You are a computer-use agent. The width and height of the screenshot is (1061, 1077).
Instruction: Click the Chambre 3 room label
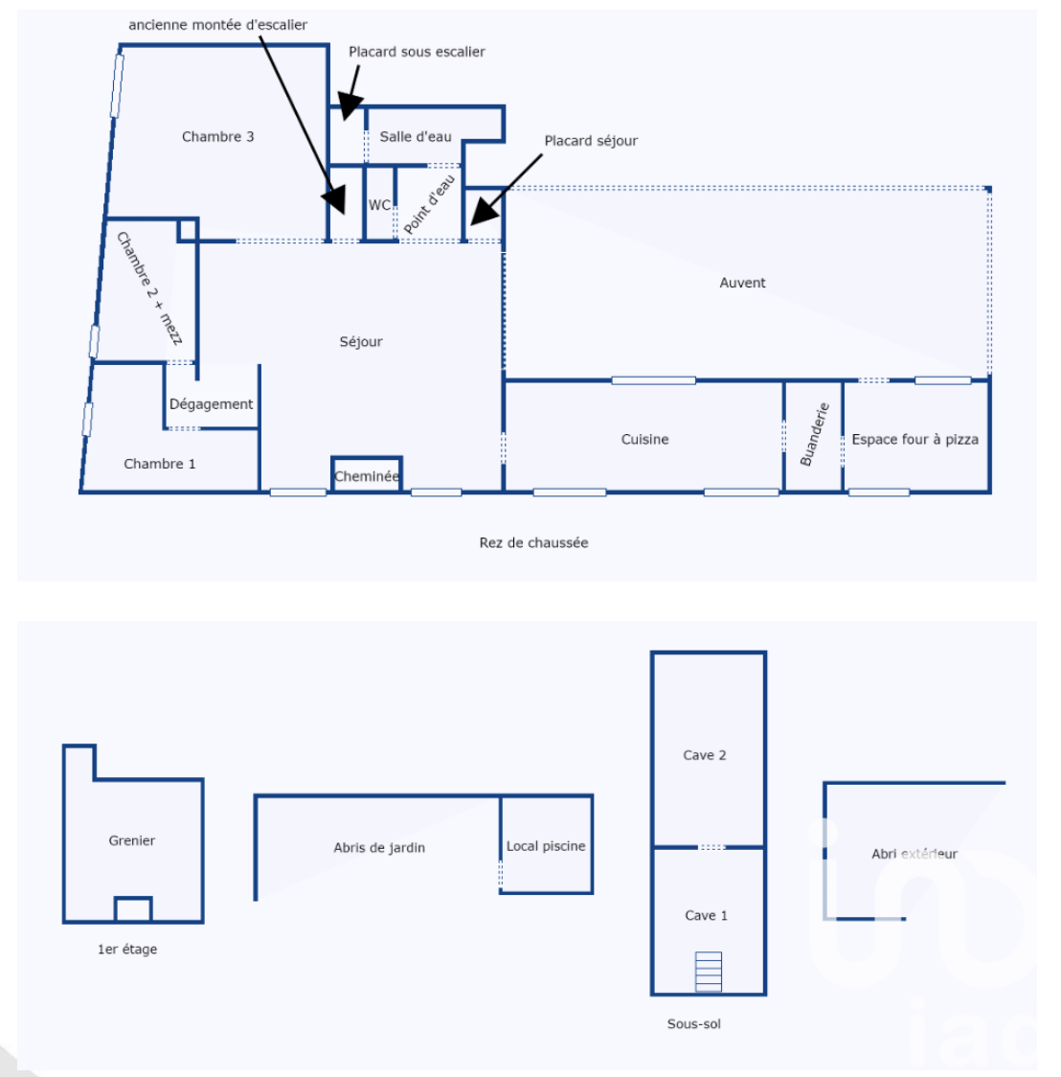click(x=217, y=137)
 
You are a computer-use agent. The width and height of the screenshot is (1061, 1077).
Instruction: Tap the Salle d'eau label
click(x=416, y=137)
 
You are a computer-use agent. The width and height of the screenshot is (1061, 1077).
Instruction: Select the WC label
click(x=379, y=205)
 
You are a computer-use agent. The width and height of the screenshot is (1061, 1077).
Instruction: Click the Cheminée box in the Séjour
click(x=367, y=474)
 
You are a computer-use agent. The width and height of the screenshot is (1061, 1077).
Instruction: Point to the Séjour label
click(x=361, y=341)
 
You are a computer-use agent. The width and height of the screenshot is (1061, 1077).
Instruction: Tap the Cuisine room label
click(x=644, y=439)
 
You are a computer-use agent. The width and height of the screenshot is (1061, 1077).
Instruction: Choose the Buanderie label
click(x=815, y=434)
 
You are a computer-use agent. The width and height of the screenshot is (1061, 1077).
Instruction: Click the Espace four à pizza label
click(x=914, y=439)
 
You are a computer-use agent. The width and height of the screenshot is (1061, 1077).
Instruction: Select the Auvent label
click(x=742, y=283)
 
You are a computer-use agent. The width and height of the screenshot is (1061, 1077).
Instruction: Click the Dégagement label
click(x=211, y=404)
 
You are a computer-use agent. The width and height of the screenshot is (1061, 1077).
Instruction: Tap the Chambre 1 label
click(x=159, y=464)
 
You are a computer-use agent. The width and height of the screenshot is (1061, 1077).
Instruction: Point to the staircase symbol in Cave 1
click(x=709, y=972)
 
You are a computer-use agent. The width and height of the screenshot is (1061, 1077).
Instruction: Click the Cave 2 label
click(x=704, y=755)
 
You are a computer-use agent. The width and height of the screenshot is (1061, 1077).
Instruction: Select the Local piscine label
click(x=546, y=845)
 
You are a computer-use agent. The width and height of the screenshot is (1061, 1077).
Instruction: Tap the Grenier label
click(x=132, y=840)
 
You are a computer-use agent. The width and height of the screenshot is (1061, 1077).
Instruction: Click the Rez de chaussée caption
click(x=533, y=542)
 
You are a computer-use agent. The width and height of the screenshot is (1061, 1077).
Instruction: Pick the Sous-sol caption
click(x=694, y=1023)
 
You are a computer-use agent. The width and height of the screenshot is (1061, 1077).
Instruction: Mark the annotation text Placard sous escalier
click(x=417, y=52)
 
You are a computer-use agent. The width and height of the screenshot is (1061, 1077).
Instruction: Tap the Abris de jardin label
click(x=379, y=848)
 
